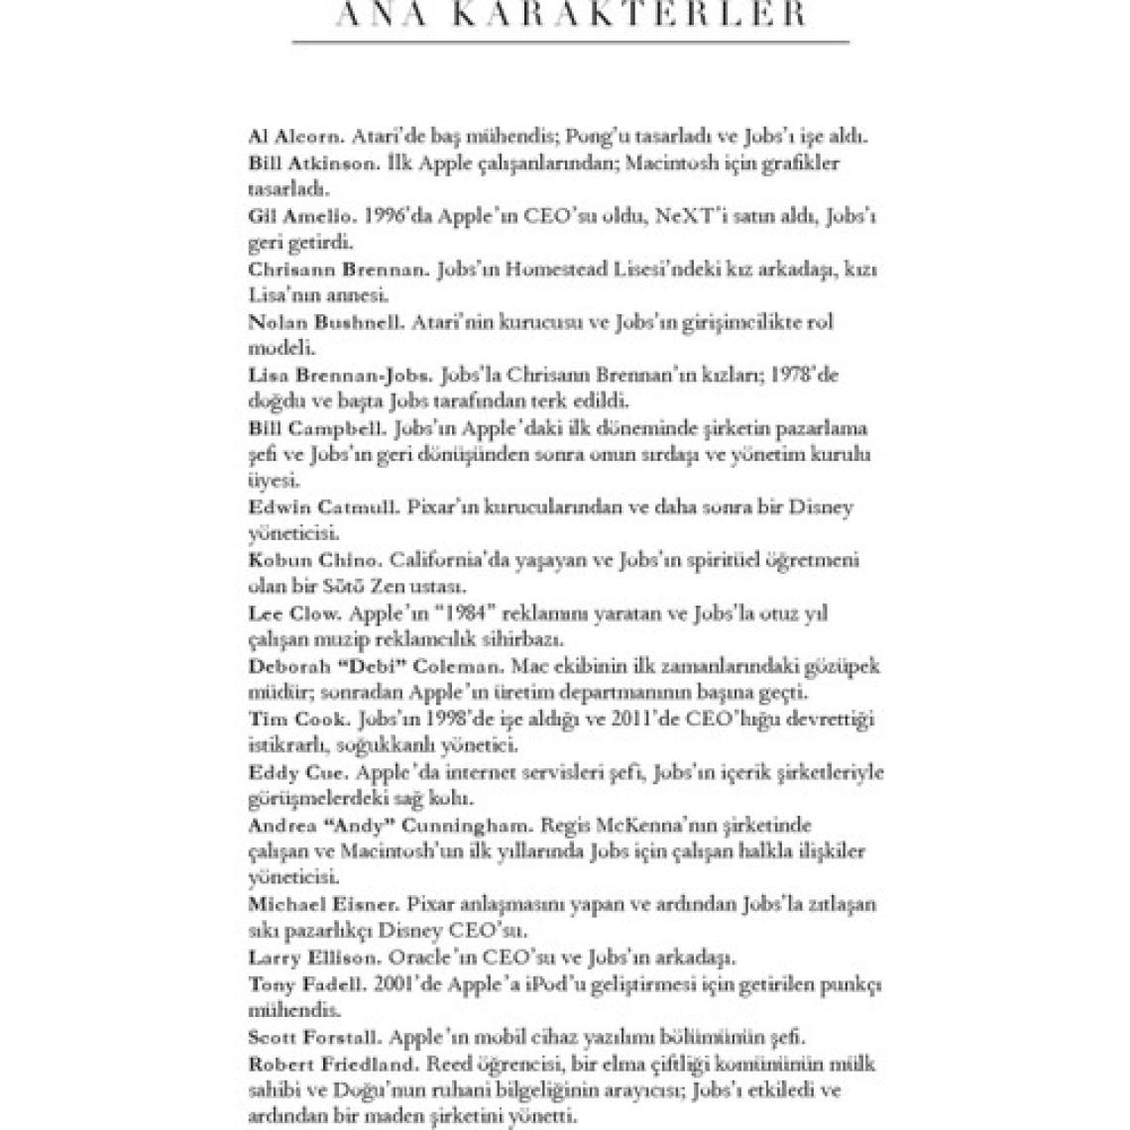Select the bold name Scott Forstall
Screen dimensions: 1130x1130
313,1037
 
